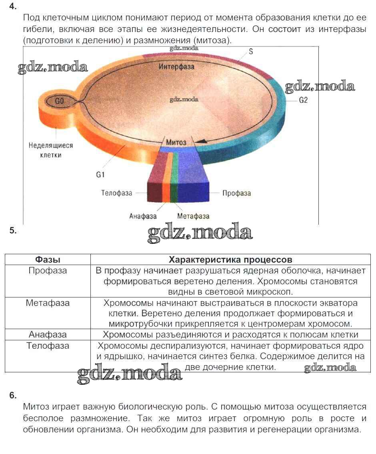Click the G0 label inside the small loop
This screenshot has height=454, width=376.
click(59, 101)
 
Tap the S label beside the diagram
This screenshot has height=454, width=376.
click(251, 52)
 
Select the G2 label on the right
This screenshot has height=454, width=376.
click(303, 100)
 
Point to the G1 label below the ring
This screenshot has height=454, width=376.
click(100, 175)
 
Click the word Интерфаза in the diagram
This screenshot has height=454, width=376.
click(176, 66)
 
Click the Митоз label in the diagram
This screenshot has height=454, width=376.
click(176, 142)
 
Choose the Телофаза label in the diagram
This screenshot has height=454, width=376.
click(116, 193)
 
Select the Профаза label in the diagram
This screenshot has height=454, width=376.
click(236, 193)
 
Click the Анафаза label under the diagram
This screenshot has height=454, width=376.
click(143, 216)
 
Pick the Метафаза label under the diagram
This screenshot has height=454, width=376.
click(193, 216)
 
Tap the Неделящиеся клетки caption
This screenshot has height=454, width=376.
click(45, 150)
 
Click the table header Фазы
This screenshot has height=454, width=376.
click(48, 259)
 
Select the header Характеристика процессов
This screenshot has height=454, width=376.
click(230, 259)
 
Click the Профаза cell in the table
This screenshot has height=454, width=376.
click(48, 271)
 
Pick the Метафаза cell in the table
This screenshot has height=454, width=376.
click(48, 303)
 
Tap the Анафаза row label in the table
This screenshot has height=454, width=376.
click(48, 335)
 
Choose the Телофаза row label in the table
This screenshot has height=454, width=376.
click(48, 346)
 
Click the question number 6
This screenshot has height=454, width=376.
click(13, 396)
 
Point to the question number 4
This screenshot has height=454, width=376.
click(13, 6)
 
